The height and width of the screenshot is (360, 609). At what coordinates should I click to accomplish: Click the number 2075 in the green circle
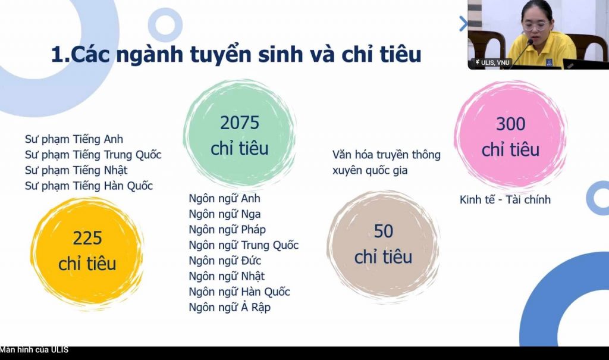coord(240,123)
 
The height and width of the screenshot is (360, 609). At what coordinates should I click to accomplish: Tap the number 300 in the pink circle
coord(510,124)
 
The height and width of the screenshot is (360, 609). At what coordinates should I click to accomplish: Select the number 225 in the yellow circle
coord(87,238)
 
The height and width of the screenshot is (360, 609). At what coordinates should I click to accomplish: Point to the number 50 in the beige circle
coord(384,231)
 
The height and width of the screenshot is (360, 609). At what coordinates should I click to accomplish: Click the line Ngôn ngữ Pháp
coord(227,229)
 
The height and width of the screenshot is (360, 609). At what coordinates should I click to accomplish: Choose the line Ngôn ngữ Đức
coord(225,261)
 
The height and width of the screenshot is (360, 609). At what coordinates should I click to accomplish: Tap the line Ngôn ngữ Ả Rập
coord(230,307)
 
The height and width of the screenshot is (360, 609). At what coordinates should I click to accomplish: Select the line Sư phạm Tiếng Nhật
coord(76,170)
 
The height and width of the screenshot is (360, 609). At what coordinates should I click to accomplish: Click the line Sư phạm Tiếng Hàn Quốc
coord(89,186)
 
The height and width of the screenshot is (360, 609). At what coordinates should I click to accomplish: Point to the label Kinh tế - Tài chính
coord(505,199)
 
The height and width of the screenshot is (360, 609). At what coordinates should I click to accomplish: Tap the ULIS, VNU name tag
coord(492,62)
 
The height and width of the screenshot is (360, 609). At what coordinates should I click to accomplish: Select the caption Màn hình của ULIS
coord(34,350)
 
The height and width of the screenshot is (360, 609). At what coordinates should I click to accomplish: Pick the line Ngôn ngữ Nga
coord(224,214)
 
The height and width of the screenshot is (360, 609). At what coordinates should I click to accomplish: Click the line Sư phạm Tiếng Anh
coord(74,139)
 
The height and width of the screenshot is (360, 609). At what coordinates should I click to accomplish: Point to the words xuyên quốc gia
coord(370,170)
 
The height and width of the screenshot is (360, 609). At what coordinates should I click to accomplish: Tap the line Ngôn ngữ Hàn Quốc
coord(239,292)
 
